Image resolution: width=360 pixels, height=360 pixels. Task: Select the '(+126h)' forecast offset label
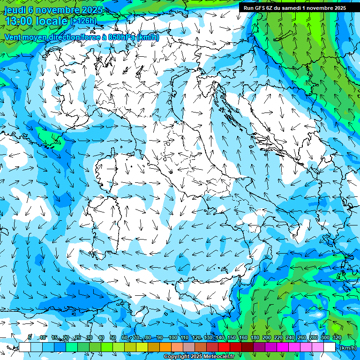point(83,21)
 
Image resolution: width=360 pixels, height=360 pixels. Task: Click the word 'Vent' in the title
point(14,37)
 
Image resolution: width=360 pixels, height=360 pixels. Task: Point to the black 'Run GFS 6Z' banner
point(295,7)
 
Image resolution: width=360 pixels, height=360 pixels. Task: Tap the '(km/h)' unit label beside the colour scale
point(347,348)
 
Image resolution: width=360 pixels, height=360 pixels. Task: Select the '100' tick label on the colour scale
point(173,337)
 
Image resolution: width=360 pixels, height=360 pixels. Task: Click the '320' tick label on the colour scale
point(337,337)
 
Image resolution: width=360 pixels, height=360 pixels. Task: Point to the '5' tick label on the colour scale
point(30,337)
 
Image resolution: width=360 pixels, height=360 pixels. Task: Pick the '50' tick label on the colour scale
point(113,337)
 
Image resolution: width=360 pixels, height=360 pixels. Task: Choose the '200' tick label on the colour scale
point(267,337)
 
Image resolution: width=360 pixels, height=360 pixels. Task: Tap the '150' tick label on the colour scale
point(232,337)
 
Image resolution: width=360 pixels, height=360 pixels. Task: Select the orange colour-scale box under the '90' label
point(165,347)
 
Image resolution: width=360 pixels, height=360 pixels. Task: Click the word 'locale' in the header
point(51,21)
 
